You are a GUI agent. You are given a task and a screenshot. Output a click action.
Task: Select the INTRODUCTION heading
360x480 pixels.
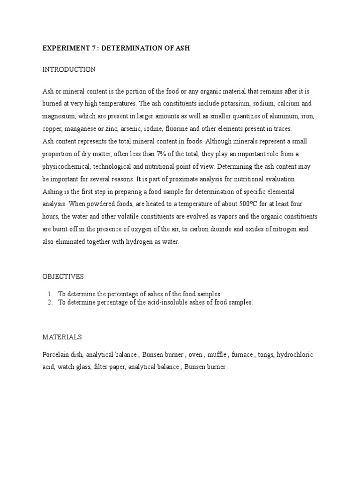69,69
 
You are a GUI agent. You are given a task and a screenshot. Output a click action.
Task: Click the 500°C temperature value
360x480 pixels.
248,204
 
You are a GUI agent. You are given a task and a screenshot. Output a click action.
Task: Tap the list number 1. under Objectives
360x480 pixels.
49,294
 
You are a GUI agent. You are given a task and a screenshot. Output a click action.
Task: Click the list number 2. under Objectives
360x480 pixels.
49,302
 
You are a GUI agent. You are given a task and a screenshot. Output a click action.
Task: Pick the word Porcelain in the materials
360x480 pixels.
56,355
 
